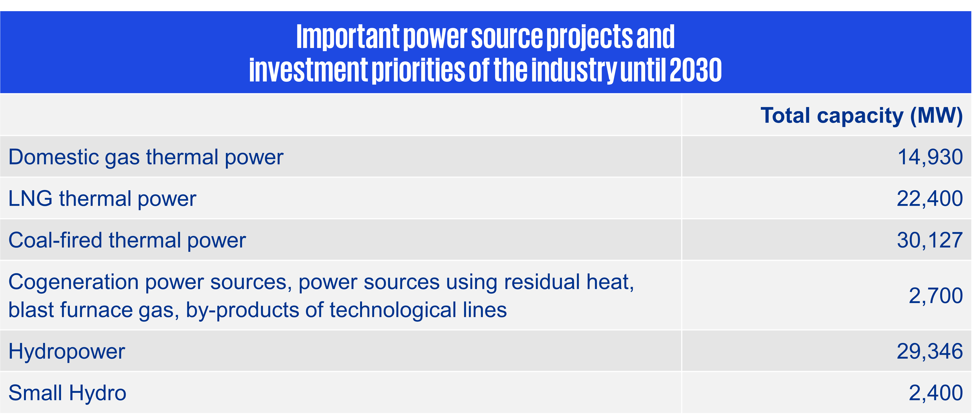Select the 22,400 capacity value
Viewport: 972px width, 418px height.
click(930, 199)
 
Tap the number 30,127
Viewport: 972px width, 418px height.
click(930, 240)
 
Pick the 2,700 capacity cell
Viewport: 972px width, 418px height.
click(936, 296)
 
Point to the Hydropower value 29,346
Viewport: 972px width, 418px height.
click(930, 351)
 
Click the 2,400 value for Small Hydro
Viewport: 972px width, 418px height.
click(936, 393)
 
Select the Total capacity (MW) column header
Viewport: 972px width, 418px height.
click(862, 116)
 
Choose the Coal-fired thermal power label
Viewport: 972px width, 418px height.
click(127, 241)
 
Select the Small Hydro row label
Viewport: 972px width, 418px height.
click(67, 393)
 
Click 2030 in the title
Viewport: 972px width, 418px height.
click(696, 70)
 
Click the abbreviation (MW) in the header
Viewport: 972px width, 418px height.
click(937, 116)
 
